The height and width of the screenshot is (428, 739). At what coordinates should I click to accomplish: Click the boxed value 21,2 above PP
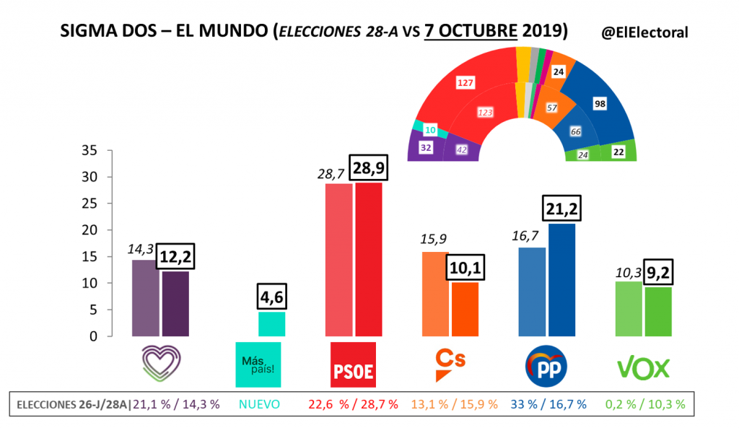[561, 210]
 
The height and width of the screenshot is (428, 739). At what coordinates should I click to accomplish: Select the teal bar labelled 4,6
[271, 323]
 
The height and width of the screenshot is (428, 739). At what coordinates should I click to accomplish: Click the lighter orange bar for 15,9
[435, 294]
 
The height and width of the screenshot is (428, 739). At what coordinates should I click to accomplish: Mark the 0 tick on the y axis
[93, 336]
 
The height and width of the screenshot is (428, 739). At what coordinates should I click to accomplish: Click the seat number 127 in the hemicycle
[465, 82]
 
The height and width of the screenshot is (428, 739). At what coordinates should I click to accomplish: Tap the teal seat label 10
[430, 130]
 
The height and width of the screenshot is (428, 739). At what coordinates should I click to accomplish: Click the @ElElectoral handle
[644, 32]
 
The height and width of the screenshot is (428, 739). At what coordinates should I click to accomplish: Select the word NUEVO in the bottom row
[259, 405]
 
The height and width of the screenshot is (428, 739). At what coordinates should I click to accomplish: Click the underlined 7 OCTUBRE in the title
[471, 32]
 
